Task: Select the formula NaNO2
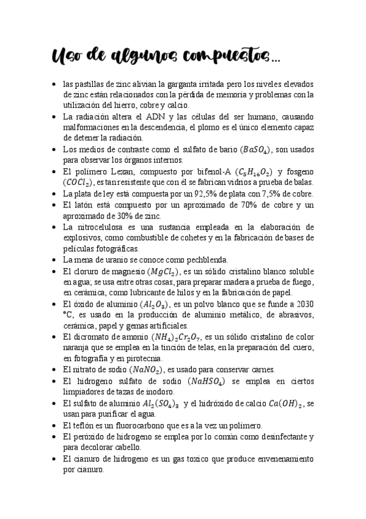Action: pos(146,370)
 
